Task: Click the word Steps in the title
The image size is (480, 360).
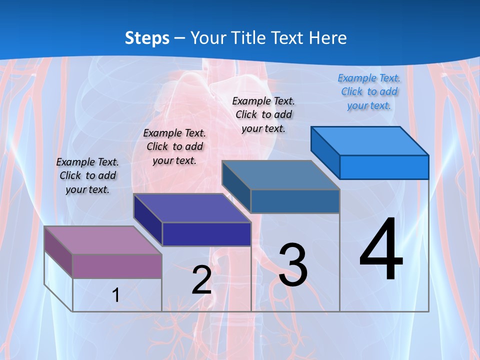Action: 147,38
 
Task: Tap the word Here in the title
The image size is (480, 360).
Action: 326,38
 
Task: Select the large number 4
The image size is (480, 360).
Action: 381,250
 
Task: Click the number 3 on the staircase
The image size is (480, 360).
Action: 293,265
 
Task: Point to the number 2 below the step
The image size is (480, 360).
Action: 201,280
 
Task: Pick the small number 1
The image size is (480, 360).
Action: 115,295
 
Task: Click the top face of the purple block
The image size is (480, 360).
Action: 102,240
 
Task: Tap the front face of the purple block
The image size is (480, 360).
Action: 117,266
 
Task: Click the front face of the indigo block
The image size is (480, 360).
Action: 206,234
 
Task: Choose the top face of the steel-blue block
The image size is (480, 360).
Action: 280,175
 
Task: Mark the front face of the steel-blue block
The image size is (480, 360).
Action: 295,201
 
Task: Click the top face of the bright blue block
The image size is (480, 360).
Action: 369,140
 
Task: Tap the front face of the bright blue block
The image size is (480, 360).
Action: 384,167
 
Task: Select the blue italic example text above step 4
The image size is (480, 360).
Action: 369,91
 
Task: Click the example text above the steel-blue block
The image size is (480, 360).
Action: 263,114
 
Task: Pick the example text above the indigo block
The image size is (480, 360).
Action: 174,146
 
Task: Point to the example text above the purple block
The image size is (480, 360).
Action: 87,175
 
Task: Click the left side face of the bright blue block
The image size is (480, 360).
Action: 325,150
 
